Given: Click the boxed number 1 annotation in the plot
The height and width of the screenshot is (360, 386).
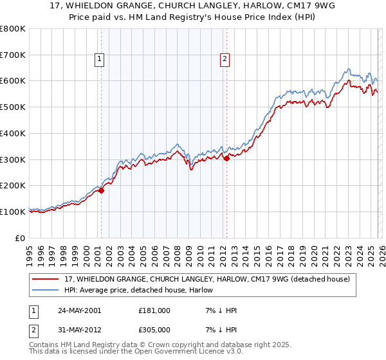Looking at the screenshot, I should (100, 59).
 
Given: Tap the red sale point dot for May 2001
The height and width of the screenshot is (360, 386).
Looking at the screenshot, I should (102, 190).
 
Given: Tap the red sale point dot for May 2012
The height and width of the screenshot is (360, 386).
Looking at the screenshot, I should (226, 158).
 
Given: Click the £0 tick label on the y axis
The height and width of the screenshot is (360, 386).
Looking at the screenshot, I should (21, 238).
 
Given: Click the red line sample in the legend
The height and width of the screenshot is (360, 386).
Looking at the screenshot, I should (46, 279).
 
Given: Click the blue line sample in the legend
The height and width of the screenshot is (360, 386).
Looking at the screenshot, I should (46, 290).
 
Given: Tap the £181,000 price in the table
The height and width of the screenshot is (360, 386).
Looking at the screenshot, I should (154, 310).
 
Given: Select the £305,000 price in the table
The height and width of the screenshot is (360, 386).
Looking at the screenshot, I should (154, 329).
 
